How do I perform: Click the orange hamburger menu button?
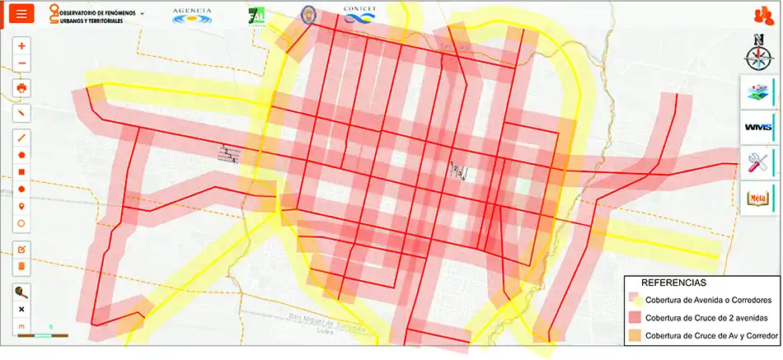pyautogui.click(x=21, y=14)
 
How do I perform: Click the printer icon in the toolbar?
pyautogui.click(x=21, y=87)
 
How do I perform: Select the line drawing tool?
pyautogui.click(x=21, y=137)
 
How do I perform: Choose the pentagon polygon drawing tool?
pyautogui.click(x=21, y=154)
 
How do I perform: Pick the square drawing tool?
pyautogui.click(x=21, y=171)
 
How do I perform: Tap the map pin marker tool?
pyautogui.click(x=21, y=205)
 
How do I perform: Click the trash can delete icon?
pyautogui.click(x=21, y=266)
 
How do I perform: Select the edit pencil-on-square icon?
pyautogui.click(x=21, y=249)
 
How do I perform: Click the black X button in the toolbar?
pyautogui.click(x=21, y=309)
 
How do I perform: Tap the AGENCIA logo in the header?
pyautogui.click(x=192, y=15)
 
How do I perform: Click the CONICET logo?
pyautogui.click(x=360, y=14)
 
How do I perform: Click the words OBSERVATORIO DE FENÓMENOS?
pyautogui.click(x=96, y=14)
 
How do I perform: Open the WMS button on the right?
pyautogui.click(x=757, y=127)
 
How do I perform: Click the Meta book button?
pyautogui.click(x=757, y=197)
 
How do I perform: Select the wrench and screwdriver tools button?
pyautogui.click(x=757, y=161)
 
